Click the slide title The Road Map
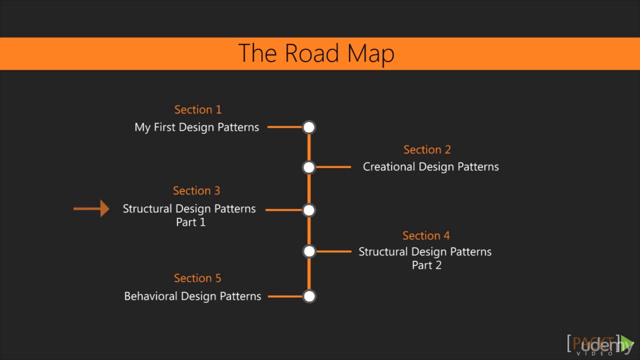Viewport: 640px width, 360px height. point(316,53)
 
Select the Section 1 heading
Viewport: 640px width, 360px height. point(197,109)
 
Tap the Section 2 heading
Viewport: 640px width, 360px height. point(427,149)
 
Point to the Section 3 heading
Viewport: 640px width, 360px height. point(196,190)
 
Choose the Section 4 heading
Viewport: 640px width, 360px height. point(426,235)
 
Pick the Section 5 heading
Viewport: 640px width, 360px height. point(197,278)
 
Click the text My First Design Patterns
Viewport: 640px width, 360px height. point(196,127)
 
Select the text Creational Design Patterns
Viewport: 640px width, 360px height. point(430,167)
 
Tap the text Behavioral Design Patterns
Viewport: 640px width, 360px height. point(192,296)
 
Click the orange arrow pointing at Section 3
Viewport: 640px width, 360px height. point(92,208)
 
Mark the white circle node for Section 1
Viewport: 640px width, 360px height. point(309,127)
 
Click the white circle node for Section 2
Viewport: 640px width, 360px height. point(309,167)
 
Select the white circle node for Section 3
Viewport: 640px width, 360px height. point(309,210)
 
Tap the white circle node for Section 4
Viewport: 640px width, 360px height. point(309,251)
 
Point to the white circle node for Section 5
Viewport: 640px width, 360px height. point(309,296)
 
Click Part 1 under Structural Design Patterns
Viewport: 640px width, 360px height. point(190,222)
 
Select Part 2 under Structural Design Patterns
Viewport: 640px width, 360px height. point(426,265)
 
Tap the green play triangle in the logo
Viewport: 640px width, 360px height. point(627,344)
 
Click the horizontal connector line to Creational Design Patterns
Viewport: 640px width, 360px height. point(333,167)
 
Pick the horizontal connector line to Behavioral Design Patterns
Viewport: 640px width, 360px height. point(285,296)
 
